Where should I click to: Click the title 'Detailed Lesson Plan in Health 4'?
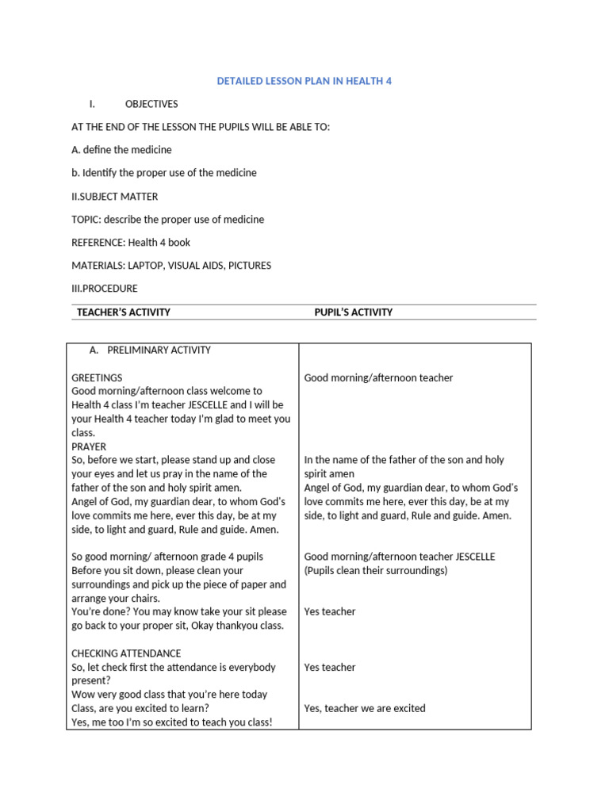(x=304, y=81)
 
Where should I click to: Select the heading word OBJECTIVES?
(x=151, y=104)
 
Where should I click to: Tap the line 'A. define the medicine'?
(x=121, y=150)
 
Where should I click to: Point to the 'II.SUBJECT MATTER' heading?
(x=114, y=196)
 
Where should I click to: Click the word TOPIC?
(x=86, y=219)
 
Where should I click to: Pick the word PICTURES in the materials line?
(x=249, y=266)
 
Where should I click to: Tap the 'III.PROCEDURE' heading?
(x=104, y=289)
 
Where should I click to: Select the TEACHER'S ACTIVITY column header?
(x=123, y=312)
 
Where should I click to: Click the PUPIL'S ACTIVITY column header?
(x=353, y=312)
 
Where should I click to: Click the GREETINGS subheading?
(x=97, y=377)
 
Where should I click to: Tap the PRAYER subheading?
(x=89, y=446)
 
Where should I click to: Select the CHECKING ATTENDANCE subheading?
(x=126, y=653)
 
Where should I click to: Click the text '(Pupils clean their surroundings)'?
(x=376, y=571)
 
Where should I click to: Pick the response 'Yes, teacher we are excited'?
(x=365, y=708)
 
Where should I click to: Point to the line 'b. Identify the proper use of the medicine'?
(x=164, y=173)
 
